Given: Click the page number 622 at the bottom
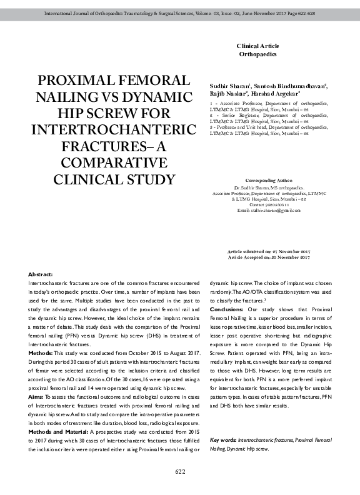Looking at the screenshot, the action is tap(180, 471).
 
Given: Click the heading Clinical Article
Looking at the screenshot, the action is tap(257, 46).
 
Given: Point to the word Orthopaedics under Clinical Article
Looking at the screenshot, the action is tap(257, 54).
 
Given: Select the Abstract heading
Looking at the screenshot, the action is tap(41, 275).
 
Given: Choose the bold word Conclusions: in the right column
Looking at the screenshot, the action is tap(227, 309).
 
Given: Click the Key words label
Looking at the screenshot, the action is tap(224, 440).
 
